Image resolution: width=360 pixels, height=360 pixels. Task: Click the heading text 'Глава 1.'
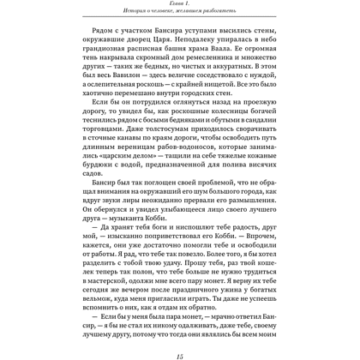point(179,6)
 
